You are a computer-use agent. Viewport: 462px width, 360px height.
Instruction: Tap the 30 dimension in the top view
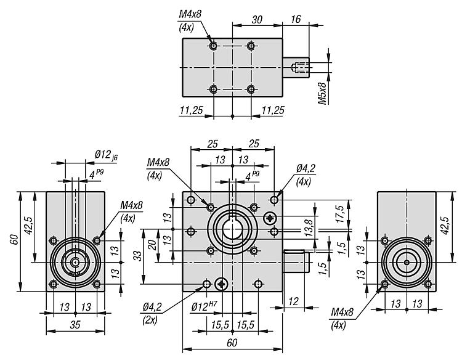(257, 20)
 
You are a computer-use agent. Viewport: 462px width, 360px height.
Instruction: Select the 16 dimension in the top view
(296, 20)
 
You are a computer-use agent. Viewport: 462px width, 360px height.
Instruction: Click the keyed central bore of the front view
(232, 231)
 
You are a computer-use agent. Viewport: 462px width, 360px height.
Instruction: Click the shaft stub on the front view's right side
(296, 261)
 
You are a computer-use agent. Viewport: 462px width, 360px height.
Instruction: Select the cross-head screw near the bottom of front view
(222, 284)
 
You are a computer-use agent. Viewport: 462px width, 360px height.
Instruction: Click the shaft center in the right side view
(407, 262)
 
